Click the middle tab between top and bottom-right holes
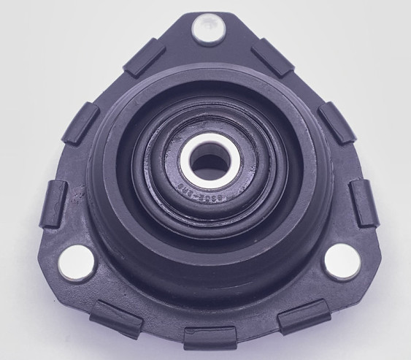tap(337, 121)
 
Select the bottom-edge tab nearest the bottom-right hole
tap(304, 316)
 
